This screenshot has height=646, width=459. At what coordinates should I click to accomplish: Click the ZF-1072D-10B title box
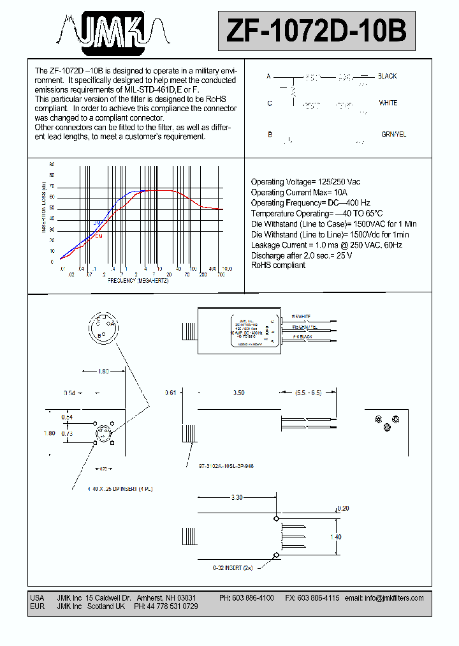coord(316,30)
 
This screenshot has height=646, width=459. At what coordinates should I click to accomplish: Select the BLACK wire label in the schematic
coord(387,76)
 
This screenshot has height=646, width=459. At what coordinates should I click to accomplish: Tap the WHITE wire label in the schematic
coord(388,103)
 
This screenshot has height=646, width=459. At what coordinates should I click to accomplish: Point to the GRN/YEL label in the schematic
coord(393,135)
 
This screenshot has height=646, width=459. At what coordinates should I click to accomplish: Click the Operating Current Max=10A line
coord(300,192)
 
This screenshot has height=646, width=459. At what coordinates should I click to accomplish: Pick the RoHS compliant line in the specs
coord(278,265)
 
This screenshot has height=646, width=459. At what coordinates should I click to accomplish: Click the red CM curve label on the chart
coord(99,236)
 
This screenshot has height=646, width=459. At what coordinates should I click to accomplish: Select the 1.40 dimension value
coord(335,537)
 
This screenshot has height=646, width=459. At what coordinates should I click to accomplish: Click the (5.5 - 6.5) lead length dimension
coord(308,393)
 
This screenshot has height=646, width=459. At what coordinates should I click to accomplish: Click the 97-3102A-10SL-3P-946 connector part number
coord(226,467)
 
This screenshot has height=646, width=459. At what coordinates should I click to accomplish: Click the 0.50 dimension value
coord(238,393)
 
